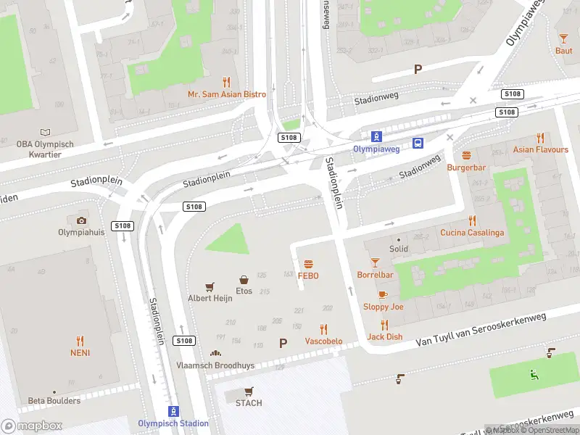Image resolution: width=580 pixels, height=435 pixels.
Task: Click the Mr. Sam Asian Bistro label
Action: pyautogui.click(x=226, y=94)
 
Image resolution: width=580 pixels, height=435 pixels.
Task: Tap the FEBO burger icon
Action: pyautogui.click(x=308, y=264)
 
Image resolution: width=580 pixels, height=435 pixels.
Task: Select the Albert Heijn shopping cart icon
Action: pyautogui.click(x=210, y=287)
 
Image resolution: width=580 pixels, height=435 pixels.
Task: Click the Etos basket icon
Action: pyautogui.click(x=244, y=279)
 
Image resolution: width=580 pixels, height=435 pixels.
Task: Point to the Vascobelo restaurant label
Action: pyautogui.click(x=323, y=341)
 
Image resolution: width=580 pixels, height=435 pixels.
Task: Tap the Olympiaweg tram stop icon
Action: pyautogui.click(x=376, y=136)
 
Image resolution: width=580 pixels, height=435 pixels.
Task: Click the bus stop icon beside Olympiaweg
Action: pyautogui.click(x=418, y=143)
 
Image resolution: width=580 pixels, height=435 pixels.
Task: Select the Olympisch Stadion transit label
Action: pyautogui.click(x=173, y=423)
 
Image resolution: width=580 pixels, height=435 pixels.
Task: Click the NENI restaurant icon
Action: pyautogui.click(x=80, y=340)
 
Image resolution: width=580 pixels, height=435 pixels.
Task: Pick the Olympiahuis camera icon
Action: pyautogui.click(x=81, y=220)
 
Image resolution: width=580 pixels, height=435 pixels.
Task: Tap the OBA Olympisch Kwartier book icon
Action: pyautogui.click(x=46, y=133)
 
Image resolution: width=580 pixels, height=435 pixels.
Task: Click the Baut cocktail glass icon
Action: pyautogui.click(x=563, y=38)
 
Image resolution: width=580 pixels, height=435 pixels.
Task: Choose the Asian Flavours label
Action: pyautogui.click(x=541, y=150)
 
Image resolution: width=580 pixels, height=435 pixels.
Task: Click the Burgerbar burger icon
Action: pyautogui.click(x=466, y=155)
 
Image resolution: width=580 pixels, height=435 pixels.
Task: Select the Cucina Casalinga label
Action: pyautogui.click(x=472, y=233)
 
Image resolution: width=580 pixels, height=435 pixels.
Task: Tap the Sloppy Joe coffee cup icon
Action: pyautogui.click(x=383, y=294)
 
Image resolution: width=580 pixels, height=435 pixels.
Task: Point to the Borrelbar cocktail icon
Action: pyautogui.click(x=375, y=262)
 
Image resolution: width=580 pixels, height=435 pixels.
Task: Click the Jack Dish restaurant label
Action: pyautogui.click(x=384, y=336)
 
